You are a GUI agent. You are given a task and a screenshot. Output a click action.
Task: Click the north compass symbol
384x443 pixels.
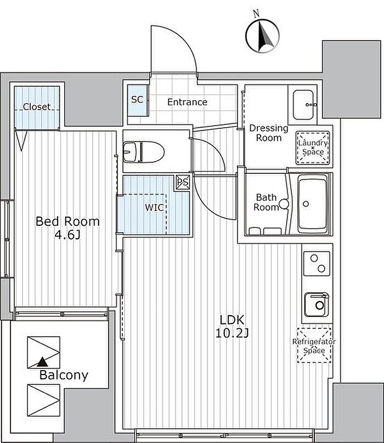tap(262, 36)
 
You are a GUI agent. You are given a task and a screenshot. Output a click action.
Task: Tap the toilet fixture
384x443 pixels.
tap(144, 152)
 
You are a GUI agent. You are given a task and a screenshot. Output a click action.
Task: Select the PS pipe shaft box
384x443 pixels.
tap(182, 183)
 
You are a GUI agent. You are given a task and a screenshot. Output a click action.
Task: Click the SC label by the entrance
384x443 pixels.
tap(138, 100)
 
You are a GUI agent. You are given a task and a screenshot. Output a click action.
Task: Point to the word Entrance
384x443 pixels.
tap(187, 102)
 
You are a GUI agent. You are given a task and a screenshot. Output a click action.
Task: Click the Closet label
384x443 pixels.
tap(36, 107)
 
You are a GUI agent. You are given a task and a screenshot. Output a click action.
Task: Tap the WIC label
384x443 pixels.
tap(154, 208)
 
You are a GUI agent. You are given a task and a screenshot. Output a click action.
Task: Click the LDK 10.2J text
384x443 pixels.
tap(232, 327)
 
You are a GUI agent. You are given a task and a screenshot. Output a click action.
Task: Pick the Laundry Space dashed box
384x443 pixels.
tap(313, 148)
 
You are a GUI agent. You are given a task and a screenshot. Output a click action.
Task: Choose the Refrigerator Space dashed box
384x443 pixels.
tap(314, 345)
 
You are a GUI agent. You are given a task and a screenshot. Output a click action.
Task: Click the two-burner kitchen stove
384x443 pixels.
tap(317, 264)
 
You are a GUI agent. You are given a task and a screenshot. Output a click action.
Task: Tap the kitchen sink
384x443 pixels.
tap(317, 305)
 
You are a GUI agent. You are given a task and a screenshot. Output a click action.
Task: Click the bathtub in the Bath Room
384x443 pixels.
tap(313, 204)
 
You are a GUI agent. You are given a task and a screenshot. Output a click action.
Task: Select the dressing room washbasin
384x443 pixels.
tap(303, 105)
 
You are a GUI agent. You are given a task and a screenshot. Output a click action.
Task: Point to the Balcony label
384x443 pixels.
tap(64, 375)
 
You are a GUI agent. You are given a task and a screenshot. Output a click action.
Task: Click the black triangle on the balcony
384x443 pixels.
tap(42, 361)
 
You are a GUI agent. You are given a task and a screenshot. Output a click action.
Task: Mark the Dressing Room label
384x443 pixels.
tap(269, 133)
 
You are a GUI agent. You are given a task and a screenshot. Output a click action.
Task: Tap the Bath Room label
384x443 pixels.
tap(266, 202)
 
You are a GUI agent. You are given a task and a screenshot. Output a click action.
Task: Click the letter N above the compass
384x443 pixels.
tap(256, 13)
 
